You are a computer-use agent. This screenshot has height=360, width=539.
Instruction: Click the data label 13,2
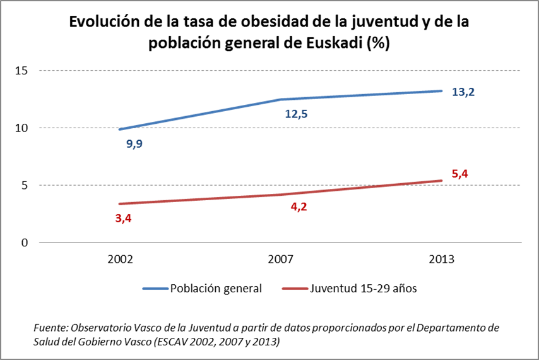coord(463,92)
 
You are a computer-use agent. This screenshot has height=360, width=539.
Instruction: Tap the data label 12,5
coord(296,115)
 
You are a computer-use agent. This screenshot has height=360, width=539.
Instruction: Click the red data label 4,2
coord(295,206)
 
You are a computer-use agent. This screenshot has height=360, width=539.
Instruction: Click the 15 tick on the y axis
coord(22,70)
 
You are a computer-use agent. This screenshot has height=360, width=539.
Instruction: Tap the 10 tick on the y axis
coord(22,128)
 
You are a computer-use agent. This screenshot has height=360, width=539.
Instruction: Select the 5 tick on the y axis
coord(25,185)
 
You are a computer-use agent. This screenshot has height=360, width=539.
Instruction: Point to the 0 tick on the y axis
coord(25,243)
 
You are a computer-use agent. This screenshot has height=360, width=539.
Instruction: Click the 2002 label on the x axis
coord(120,260)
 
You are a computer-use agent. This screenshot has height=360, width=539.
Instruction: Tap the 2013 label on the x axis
coord(441,260)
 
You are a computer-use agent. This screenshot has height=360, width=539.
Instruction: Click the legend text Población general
coord(215,289)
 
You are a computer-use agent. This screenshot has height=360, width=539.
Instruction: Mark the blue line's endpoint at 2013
coord(441,91)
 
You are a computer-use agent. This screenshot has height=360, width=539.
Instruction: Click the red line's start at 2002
coord(120,204)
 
